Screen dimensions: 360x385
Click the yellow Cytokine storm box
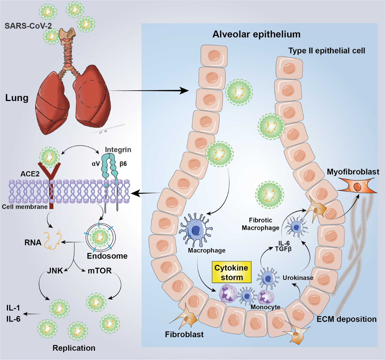(231, 272)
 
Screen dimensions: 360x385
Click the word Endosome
(107, 256)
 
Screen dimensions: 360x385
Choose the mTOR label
(99, 271)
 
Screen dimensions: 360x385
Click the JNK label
(55, 271)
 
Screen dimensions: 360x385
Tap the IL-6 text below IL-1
(13, 319)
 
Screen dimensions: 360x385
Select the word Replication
(74, 348)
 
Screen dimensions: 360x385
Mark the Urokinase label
(298, 278)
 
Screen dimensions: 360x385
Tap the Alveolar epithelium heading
(256, 34)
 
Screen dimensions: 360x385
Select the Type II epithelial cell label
(326, 51)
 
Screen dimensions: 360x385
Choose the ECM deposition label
(346, 319)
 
